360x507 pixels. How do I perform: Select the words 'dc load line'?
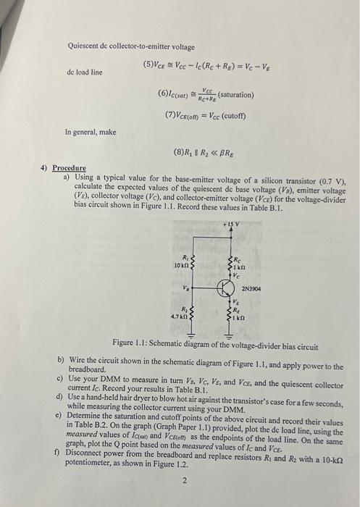pos(85,73)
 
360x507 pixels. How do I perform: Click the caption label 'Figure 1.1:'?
pos(132,342)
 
